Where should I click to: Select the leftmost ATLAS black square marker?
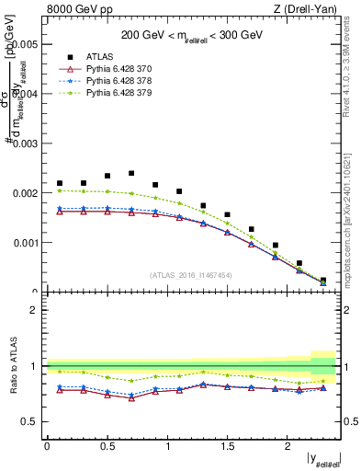pos(60,183)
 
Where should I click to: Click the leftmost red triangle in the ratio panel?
pos(60,390)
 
